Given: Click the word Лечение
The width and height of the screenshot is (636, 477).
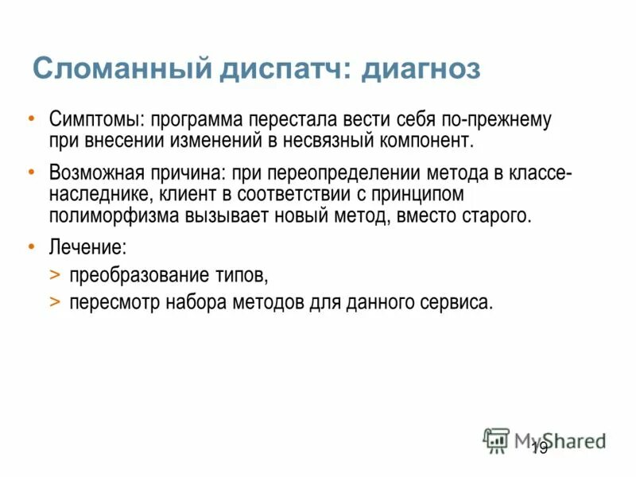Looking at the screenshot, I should (x=87, y=247).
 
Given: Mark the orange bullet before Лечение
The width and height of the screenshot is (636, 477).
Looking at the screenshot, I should (x=31, y=247).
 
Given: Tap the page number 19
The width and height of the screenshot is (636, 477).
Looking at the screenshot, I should (x=539, y=450).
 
